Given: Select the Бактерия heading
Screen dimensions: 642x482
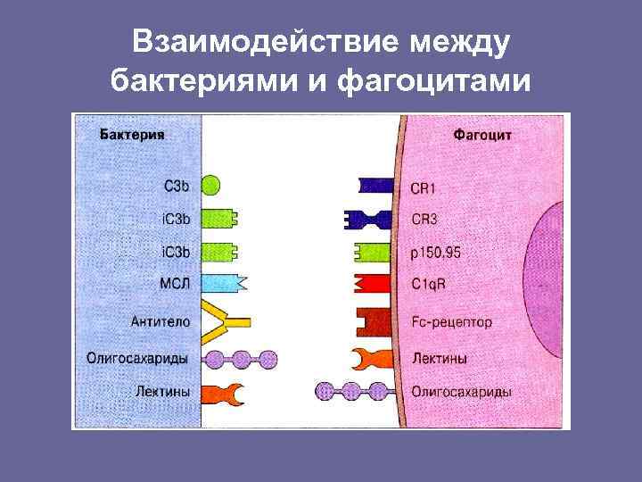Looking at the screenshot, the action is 131,136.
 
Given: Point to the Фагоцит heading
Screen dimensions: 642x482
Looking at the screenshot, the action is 482,136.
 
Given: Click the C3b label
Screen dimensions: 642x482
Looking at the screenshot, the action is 177,187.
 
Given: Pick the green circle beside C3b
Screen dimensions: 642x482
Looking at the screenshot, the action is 210,187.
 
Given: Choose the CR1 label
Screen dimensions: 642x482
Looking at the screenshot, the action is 424,187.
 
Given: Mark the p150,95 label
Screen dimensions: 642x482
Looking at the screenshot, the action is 436,253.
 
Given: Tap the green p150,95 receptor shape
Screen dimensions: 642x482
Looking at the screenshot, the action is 374,253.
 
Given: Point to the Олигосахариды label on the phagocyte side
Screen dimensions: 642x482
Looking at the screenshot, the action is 461,391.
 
